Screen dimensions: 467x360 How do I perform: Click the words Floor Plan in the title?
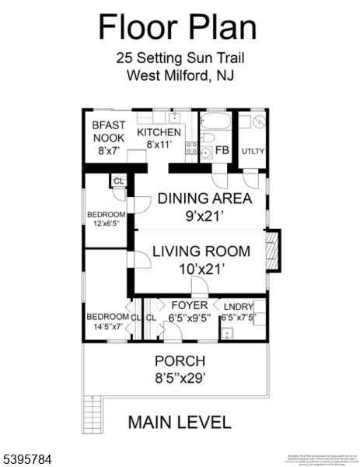(x=177, y=27)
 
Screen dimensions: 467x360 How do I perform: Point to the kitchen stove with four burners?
(x=191, y=149)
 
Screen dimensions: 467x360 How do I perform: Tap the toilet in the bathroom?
(x=208, y=139)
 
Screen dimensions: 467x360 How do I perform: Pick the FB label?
(x=222, y=150)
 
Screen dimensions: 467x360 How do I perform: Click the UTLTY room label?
(x=253, y=151)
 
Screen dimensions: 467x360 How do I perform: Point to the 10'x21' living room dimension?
(x=201, y=269)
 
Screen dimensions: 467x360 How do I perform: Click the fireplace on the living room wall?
(x=271, y=251)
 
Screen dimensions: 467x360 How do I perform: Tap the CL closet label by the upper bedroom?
(x=118, y=181)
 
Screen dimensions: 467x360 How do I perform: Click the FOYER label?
(x=190, y=305)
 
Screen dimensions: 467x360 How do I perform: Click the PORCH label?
(x=180, y=361)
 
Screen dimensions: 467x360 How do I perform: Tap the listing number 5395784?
(x=29, y=461)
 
